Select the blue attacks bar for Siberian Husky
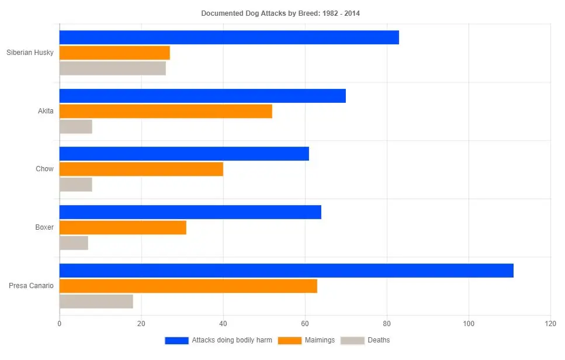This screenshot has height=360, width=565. (x=229, y=37)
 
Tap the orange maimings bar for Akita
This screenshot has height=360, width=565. (x=166, y=111)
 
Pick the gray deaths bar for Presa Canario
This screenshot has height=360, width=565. (x=96, y=302)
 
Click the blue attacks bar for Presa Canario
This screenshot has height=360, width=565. (x=286, y=271)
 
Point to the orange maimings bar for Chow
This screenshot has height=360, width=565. (x=141, y=169)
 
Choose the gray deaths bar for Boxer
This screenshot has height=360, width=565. (x=74, y=243)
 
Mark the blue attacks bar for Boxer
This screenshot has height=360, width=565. (x=190, y=212)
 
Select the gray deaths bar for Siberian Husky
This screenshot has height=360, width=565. (x=113, y=68)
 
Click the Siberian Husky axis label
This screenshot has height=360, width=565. (x=30, y=53)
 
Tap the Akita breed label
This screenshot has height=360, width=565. (x=46, y=111)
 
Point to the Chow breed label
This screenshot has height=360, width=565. (x=44, y=169)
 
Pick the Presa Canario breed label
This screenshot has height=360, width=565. (x=31, y=286)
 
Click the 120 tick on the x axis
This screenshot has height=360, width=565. (x=550, y=323)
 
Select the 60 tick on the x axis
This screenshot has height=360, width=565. (x=304, y=323)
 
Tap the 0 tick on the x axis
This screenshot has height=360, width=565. (x=60, y=323)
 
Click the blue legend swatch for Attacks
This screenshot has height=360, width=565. (x=176, y=340)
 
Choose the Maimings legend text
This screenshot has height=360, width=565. (x=320, y=340)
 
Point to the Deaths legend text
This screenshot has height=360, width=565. (x=379, y=340)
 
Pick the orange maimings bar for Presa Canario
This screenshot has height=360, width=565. (x=188, y=286)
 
